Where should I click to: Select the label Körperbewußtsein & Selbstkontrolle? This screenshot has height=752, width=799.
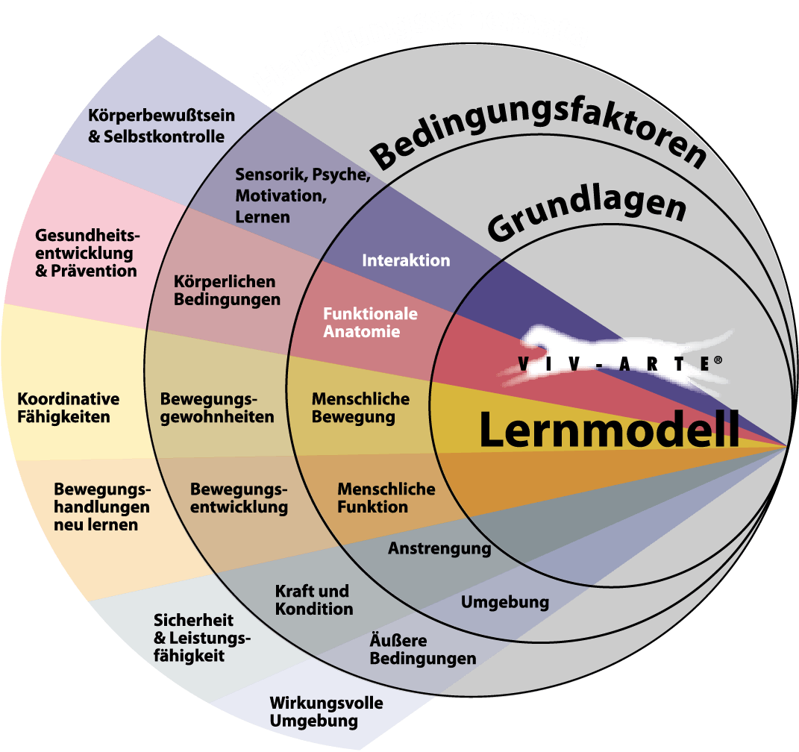coord(161,126)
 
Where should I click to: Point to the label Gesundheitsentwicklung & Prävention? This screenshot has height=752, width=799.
coord(87,253)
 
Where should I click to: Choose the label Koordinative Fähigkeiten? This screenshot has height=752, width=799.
coord(68,407)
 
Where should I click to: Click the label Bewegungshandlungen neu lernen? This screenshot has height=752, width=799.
coord(101,507)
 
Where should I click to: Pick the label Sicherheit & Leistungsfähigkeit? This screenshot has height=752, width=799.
coord(201,638)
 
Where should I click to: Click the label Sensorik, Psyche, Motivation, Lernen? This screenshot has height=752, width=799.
coord(302,195)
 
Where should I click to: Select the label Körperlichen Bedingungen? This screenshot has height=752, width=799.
coord(227,291)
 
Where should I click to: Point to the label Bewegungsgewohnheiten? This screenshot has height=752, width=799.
coord(217,407)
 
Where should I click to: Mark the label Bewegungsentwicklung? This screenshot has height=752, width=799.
coord(239,498)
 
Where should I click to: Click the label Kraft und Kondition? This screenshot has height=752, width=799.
coord(313,600)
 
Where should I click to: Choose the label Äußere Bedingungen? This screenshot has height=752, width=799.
coord(422,650)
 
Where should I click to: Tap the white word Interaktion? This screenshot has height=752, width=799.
coord(406,260)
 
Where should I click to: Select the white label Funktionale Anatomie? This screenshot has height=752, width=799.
coord(370,322)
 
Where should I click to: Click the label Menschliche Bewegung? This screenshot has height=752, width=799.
coord(360,407)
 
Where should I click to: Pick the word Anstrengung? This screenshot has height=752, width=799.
coord(439,549)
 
